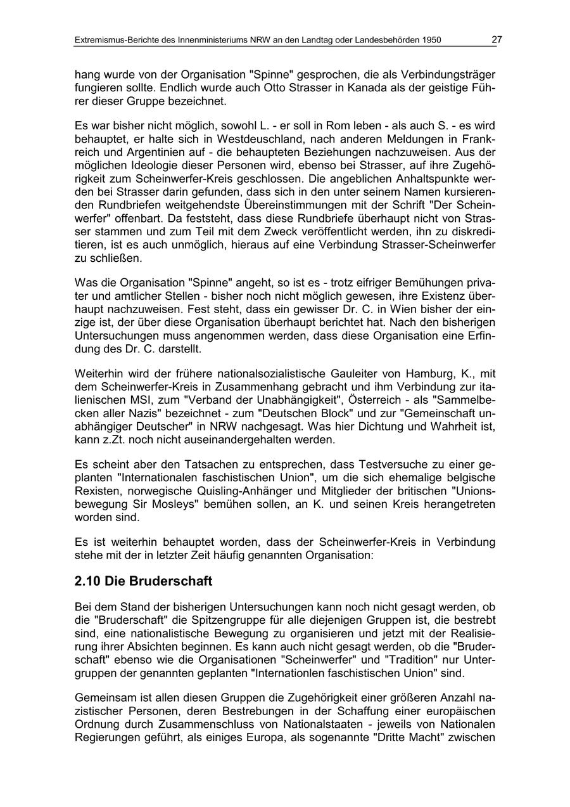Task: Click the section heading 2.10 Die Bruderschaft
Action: pos(143,581)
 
